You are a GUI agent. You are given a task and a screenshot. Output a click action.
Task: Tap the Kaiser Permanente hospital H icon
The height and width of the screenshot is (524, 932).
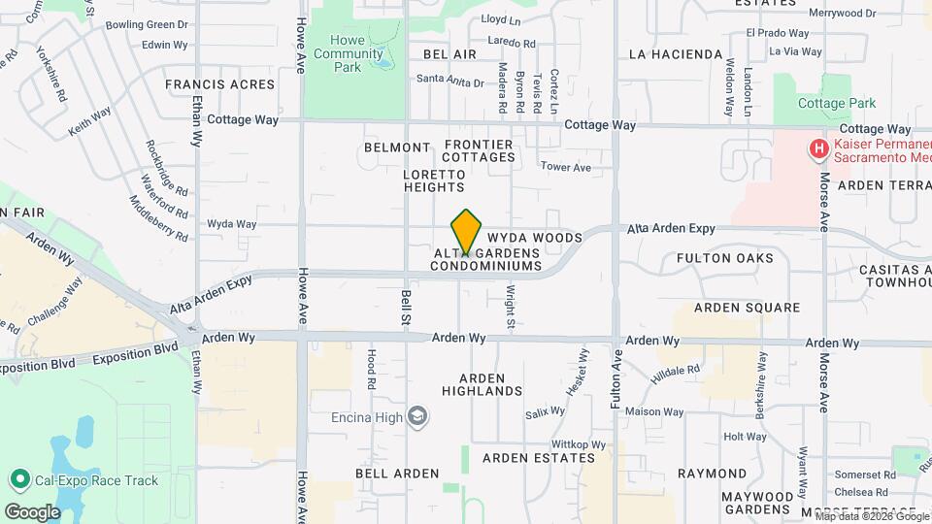819,149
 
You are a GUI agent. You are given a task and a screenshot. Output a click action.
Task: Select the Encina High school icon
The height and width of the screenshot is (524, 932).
417,416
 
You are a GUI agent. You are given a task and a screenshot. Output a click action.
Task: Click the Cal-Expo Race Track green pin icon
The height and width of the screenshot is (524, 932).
18,479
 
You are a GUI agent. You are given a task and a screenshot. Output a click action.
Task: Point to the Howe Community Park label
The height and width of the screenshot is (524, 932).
348,53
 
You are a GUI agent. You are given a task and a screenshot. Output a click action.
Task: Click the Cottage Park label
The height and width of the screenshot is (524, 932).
836,103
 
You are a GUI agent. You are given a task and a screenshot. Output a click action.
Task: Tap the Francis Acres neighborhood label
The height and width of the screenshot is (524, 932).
219,84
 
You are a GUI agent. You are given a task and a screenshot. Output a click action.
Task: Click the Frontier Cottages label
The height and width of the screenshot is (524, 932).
479,150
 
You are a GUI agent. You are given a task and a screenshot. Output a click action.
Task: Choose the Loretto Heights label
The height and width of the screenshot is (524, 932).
433,180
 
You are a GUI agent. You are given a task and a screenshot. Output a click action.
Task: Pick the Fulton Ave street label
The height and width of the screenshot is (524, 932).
616,378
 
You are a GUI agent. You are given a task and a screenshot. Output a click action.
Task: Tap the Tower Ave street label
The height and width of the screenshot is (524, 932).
565,168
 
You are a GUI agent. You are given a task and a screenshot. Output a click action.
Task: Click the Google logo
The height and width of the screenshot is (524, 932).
32,511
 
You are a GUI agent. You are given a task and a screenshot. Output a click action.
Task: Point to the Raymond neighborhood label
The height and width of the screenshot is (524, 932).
712,473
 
